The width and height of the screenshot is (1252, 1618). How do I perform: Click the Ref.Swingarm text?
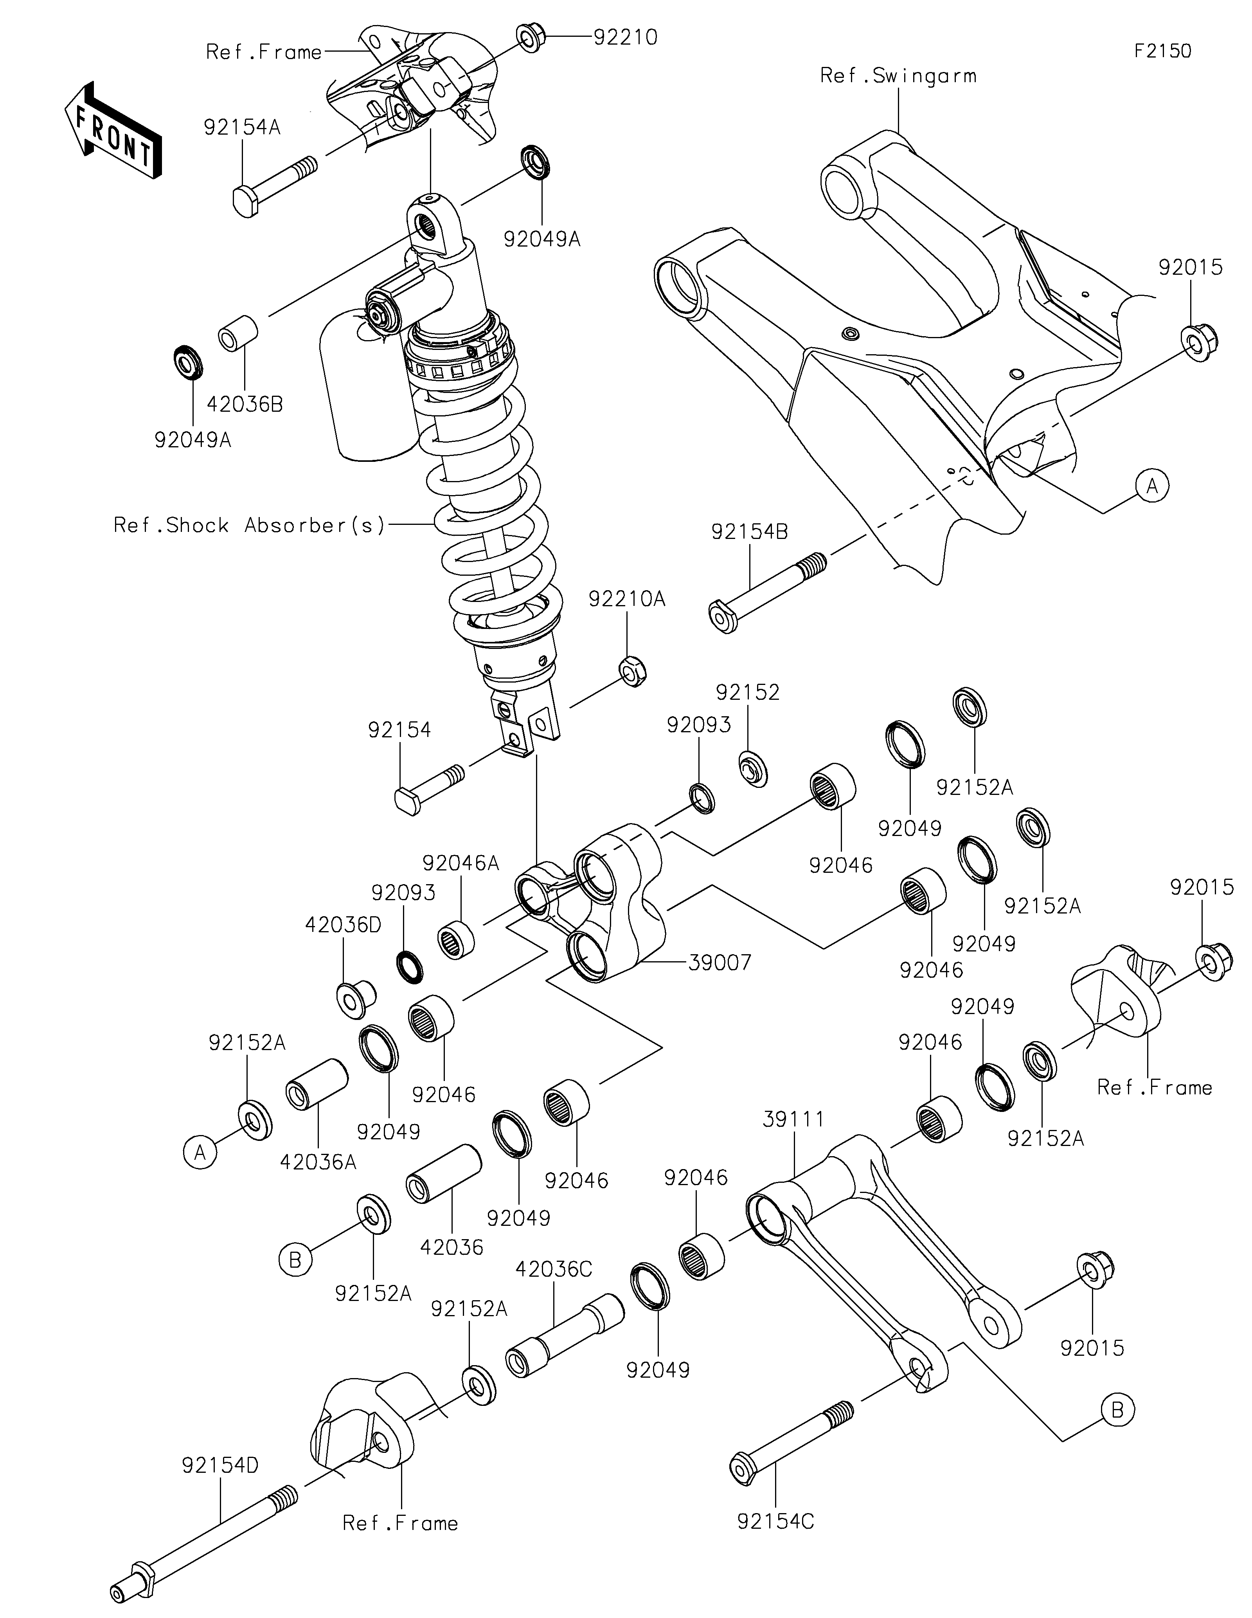898,76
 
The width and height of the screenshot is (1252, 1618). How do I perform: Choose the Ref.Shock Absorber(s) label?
250,525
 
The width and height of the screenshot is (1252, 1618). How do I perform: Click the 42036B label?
244,405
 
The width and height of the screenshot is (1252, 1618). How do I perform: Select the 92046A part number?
461,863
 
